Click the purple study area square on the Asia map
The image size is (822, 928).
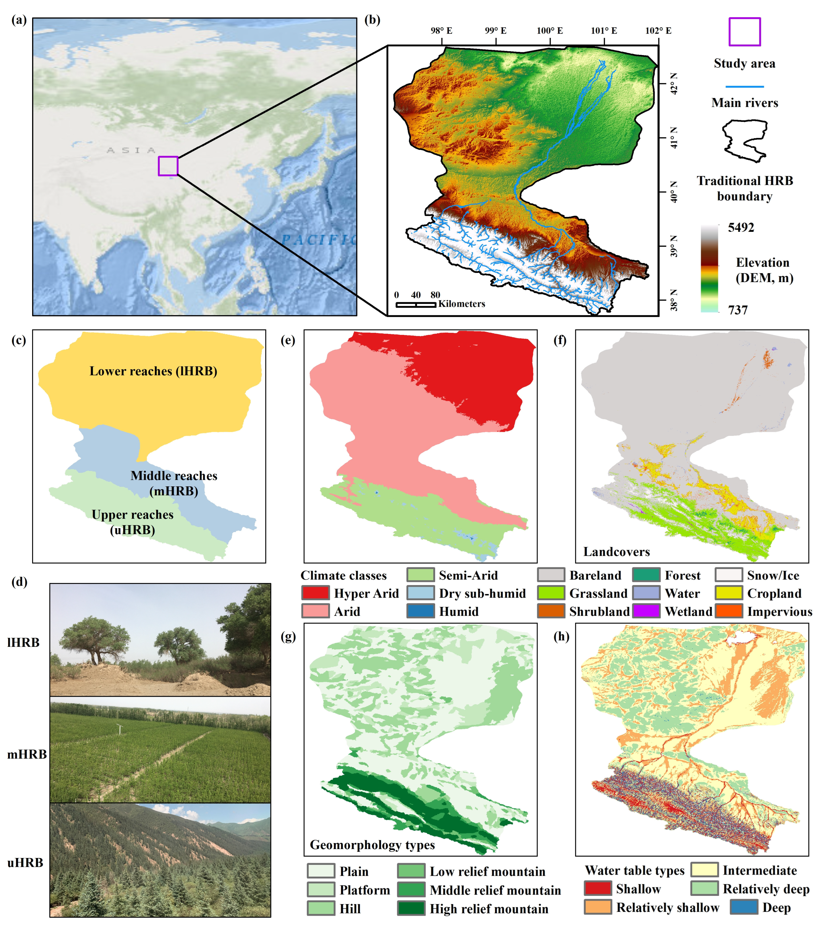tap(168, 166)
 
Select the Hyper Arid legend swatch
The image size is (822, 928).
tap(315, 593)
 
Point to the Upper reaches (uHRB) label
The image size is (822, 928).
tap(133, 522)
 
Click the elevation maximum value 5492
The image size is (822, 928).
tap(741, 228)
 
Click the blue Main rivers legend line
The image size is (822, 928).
tap(744, 86)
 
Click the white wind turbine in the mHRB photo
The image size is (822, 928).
tap(119, 728)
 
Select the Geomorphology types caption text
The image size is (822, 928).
tap(372, 845)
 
